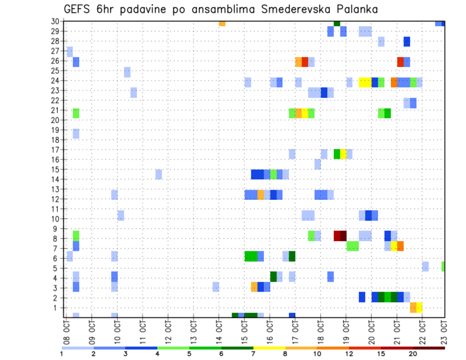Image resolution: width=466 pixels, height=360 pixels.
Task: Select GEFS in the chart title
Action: pyautogui.click(x=79, y=10)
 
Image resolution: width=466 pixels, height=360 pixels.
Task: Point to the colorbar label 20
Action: pyautogui.click(x=413, y=354)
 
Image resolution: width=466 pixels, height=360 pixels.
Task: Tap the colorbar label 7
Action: pyautogui.click(x=253, y=354)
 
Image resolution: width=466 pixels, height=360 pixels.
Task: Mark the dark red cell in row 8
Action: pyautogui.click(x=340, y=236)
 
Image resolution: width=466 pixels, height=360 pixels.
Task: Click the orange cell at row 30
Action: pyautogui.click(x=222, y=23)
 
